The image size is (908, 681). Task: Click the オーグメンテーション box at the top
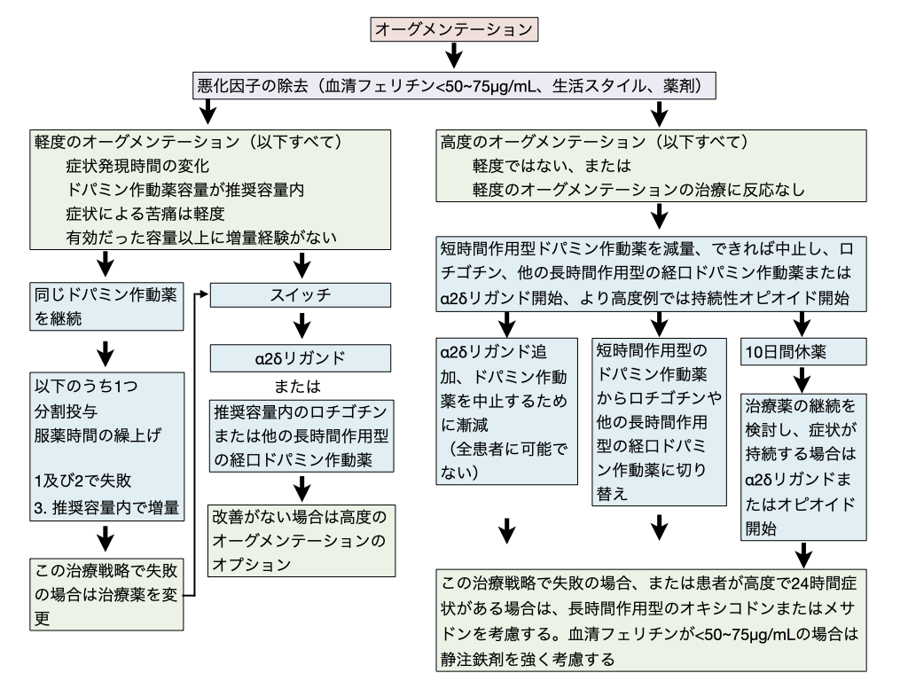tap(455, 27)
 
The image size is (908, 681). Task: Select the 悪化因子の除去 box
tap(454, 87)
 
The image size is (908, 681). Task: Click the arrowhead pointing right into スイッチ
tap(207, 293)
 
